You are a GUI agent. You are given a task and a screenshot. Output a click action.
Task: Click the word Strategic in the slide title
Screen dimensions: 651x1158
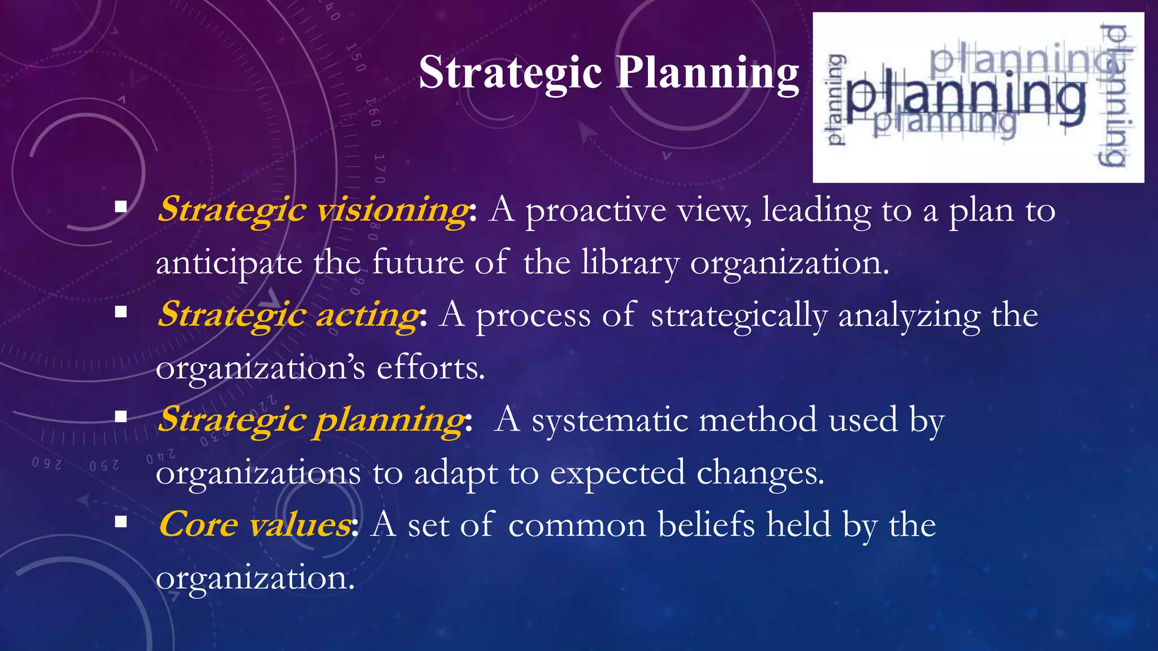click(510, 73)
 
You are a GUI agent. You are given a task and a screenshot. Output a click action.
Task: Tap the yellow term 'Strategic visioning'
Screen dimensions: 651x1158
click(312, 210)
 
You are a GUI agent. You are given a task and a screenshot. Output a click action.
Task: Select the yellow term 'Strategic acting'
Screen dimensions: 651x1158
click(288, 315)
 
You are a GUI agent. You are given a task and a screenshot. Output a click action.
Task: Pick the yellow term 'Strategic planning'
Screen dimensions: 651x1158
click(311, 420)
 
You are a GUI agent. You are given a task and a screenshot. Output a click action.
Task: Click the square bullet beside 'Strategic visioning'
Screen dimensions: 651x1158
click(120, 207)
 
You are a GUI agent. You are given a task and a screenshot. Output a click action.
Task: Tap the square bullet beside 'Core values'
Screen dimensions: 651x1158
click(120, 522)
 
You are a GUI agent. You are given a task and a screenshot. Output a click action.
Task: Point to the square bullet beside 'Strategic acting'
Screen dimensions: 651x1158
click(120, 312)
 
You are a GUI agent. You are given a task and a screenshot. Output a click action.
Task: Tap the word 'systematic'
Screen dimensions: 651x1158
click(610, 420)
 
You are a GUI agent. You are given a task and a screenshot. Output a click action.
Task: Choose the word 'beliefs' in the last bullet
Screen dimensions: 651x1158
click(706, 525)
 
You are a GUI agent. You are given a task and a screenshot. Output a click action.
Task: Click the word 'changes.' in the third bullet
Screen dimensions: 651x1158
click(761, 473)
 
